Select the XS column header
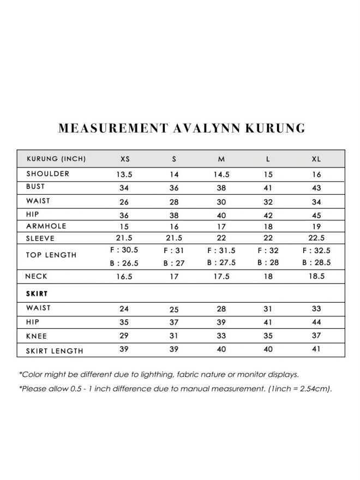[x=125, y=159]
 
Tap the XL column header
[x=316, y=159]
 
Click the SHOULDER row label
[x=47, y=174]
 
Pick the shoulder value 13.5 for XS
[x=125, y=175]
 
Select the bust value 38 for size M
[x=221, y=188]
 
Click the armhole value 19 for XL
[x=316, y=226]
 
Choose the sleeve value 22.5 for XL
[x=316, y=239]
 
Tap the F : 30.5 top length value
[x=125, y=250]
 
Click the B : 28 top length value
[x=268, y=263]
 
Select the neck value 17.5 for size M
[x=221, y=277]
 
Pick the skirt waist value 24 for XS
[x=125, y=309]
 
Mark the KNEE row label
[x=37, y=337]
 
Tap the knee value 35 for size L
[x=268, y=337]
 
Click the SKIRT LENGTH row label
[x=55, y=351]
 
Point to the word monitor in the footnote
[x=261, y=375]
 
